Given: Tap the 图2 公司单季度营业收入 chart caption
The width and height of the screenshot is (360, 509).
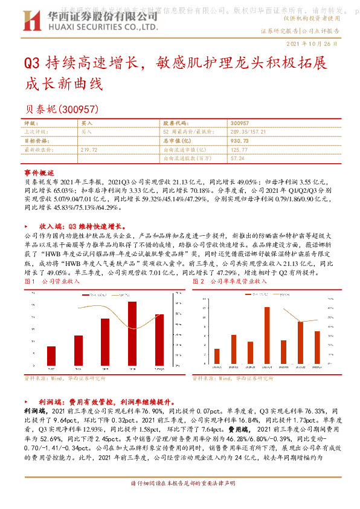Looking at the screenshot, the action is coord(229,265).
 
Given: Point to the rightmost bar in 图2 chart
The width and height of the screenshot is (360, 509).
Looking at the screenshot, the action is coord(317,347).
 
